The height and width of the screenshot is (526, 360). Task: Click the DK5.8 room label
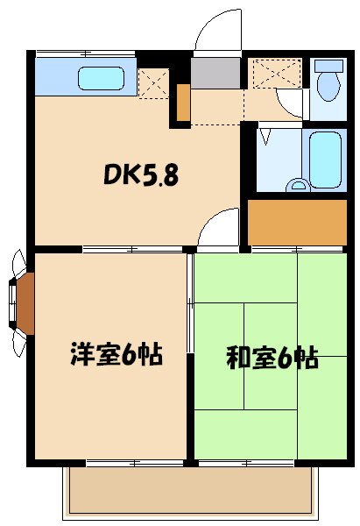click(x=141, y=176)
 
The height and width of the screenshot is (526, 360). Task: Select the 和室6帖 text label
click(x=272, y=358)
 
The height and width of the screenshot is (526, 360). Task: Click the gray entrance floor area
click(x=215, y=74)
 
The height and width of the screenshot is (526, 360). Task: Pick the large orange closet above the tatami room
click(x=298, y=223)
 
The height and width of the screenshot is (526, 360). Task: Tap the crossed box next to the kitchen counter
click(x=153, y=82)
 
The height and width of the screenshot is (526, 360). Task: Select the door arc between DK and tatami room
click(x=218, y=229)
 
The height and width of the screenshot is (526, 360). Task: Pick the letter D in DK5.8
click(x=112, y=176)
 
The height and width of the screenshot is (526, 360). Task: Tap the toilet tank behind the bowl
click(x=330, y=66)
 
